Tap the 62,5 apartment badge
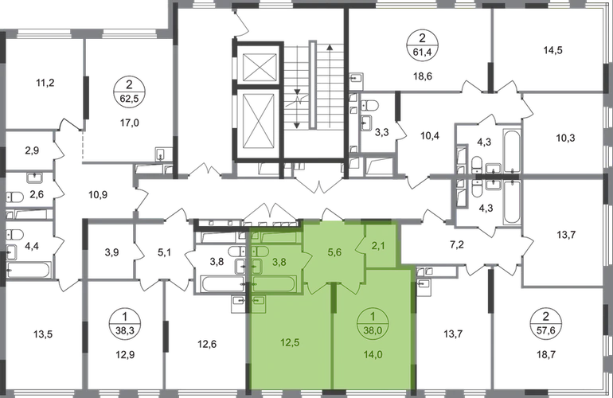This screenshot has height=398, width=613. pyautogui.click(x=129, y=91)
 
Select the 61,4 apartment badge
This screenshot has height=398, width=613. pyautogui.click(x=422, y=45)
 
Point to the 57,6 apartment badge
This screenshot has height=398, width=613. pyautogui.click(x=546, y=323)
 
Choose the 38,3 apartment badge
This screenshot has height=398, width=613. pyautogui.click(x=125, y=323)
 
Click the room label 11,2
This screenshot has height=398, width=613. pyautogui.click(x=45, y=83)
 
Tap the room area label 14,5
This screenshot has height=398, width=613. pyautogui.click(x=552, y=50)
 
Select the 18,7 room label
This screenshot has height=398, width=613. pyautogui.click(x=546, y=355)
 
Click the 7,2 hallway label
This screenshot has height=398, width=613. pyautogui.click(x=457, y=245)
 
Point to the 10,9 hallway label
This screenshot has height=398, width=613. pyautogui.click(x=98, y=194)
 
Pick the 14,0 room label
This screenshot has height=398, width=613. pyautogui.click(x=373, y=355)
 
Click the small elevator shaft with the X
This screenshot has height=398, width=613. pyautogui.click(x=260, y=65)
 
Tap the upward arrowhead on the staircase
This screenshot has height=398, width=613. pyautogui.click(x=330, y=48)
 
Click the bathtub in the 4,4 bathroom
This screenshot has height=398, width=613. pyautogui.click(x=28, y=270)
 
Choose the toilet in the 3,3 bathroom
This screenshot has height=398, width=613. pyautogui.click(x=369, y=106)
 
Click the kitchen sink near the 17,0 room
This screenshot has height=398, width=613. pyautogui.click(x=162, y=154)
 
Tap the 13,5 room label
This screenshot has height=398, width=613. pyautogui.click(x=43, y=334)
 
